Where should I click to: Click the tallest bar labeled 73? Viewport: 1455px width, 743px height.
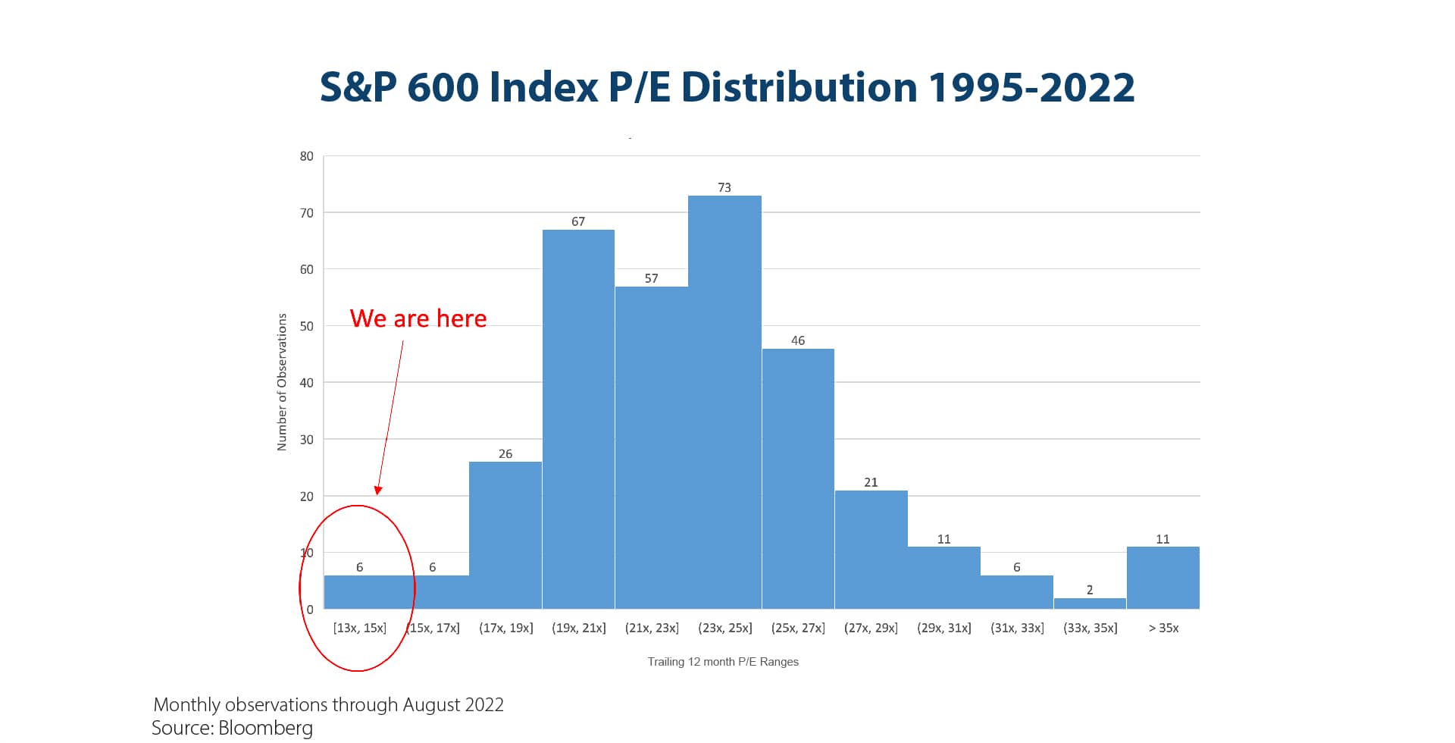pyautogui.click(x=724, y=402)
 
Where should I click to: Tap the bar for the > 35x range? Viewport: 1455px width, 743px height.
pyautogui.click(x=1162, y=578)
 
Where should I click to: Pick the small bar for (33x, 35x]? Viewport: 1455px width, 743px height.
pyautogui.click(x=1090, y=603)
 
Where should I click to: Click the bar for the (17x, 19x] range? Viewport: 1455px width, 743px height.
pyautogui.click(x=505, y=535)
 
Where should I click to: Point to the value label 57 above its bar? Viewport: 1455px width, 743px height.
pyautogui.click(x=651, y=278)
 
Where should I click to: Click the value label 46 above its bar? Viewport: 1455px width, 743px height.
pyautogui.click(x=798, y=340)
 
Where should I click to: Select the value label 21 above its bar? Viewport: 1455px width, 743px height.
pyautogui.click(x=871, y=482)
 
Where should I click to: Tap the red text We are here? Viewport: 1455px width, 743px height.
pyautogui.click(x=418, y=318)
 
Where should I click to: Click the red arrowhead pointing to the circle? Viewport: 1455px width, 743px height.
pyautogui.click(x=378, y=491)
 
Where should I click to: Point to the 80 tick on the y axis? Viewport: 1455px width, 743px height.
pyautogui.click(x=306, y=156)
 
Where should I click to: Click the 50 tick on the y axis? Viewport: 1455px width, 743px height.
pyautogui.click(x=306, y=326)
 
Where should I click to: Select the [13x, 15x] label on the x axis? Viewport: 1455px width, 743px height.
pyautogui.click(x=359, y=628)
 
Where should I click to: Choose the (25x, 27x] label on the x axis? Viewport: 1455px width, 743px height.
pyautogui.click(x=798, y=628)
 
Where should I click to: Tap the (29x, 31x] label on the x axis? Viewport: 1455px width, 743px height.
pyautogui.click(x=943, y=628)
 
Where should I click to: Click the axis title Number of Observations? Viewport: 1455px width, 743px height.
pyautogui.click(x=282, y=382)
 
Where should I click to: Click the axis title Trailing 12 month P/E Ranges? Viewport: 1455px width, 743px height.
pyautogui.click(x=723, y=662)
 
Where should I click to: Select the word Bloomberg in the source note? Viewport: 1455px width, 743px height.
pyautogui.click(x=265, y=728)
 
